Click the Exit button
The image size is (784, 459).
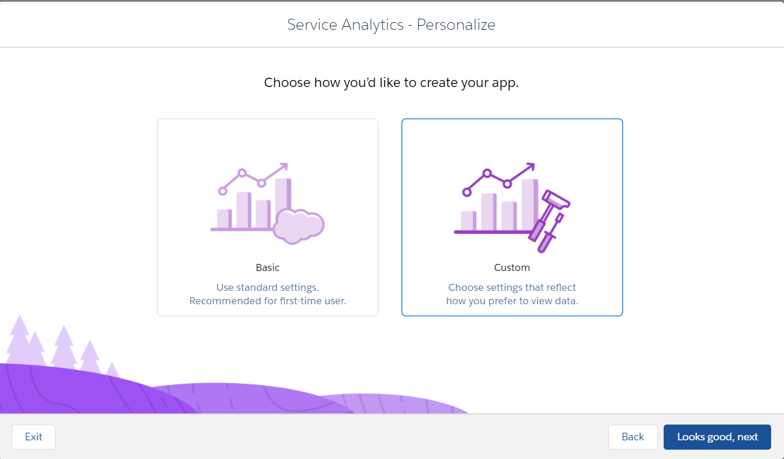34,437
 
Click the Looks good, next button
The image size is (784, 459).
717,437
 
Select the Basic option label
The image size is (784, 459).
268,267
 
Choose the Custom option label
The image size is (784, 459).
512,267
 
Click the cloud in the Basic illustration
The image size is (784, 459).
299,227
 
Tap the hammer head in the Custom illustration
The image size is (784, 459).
556,200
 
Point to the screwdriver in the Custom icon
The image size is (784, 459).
550,234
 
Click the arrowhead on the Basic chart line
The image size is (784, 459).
284,166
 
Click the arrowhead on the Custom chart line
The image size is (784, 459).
530,166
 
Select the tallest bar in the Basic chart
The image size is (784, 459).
283,203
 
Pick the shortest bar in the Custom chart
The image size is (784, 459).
469,221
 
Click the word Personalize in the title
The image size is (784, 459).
456,25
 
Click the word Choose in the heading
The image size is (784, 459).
287,82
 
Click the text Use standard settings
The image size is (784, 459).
268,287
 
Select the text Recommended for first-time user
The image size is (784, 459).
268,301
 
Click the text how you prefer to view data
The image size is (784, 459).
512,301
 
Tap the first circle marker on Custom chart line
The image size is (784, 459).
467,192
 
